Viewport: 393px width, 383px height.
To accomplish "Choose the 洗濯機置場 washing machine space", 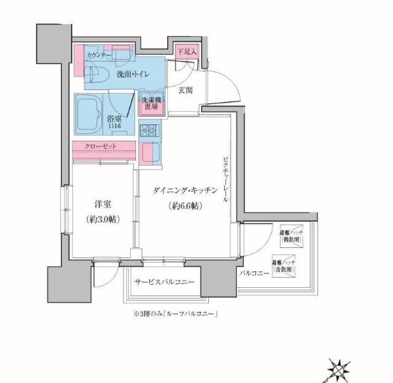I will point(150,103).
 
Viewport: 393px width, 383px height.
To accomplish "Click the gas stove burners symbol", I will point(150,130).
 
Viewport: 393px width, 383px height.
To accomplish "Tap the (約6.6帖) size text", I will point(184,207).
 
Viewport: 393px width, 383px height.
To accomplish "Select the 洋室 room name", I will point(103,204).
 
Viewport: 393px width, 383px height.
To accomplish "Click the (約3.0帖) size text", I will point(103,219).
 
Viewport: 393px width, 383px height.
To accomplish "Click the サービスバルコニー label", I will point(164,282).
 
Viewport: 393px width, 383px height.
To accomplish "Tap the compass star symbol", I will point(340,369).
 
